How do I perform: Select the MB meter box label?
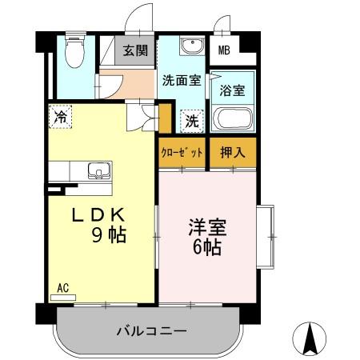pos(226,50)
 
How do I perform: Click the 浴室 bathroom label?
pos(232,90)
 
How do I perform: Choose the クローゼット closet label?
pos(182,153)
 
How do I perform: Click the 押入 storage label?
pos(233,153)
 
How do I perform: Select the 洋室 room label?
pos(207,227)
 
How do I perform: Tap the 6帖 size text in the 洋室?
pos(206,248)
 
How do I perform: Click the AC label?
pos(62,286)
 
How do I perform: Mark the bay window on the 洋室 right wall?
pos(266,238)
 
